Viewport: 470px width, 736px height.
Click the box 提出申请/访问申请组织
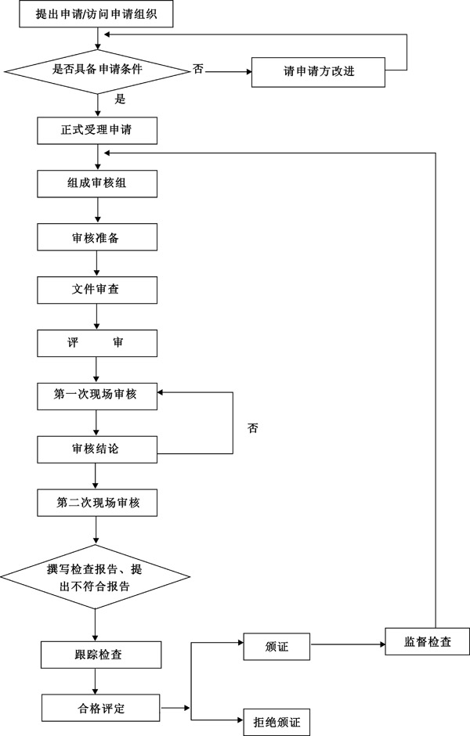(96, 14)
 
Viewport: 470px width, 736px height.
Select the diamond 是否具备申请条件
(96, 70)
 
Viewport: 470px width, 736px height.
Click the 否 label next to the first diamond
(198, 70)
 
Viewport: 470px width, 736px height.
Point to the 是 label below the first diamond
(120, 99)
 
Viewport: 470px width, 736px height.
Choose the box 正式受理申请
(97, 131)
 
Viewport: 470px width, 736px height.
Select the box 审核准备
(97, 236)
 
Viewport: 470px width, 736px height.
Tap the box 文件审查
(97, 290)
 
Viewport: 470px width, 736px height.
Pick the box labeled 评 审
(97, 343)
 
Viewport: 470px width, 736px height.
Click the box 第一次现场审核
(97, 395)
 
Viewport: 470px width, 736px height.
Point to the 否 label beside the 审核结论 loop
(252, 428)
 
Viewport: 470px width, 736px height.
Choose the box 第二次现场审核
(97, 502)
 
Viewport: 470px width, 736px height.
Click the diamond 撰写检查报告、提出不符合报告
(95, 578)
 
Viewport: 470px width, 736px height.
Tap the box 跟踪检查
(101, 655)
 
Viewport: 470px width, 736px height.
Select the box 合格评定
(101, 709)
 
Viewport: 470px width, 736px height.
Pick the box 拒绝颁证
(277, 720)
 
